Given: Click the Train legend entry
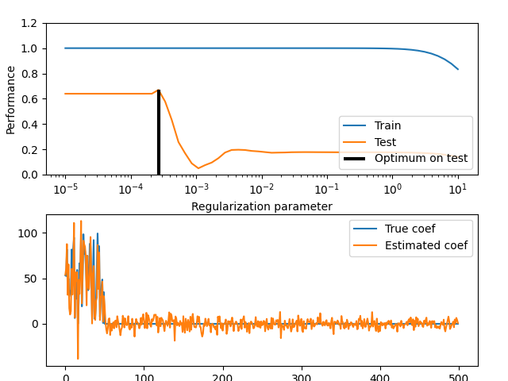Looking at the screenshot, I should pos(387,125).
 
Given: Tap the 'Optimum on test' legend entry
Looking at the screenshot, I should pos(421,159).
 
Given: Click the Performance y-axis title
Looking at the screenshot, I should pos(11,99).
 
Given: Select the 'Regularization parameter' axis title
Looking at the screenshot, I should pos(262,206).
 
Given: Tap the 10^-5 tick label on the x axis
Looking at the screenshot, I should pos(66,190).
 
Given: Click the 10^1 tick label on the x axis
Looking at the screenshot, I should pos(458,190).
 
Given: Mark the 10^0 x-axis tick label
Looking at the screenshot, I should pos(392,190).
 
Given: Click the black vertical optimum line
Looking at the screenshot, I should pos(159,135).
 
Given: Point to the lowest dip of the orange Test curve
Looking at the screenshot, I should pos(198,168).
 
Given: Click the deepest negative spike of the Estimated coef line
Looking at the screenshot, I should pos(78,359).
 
